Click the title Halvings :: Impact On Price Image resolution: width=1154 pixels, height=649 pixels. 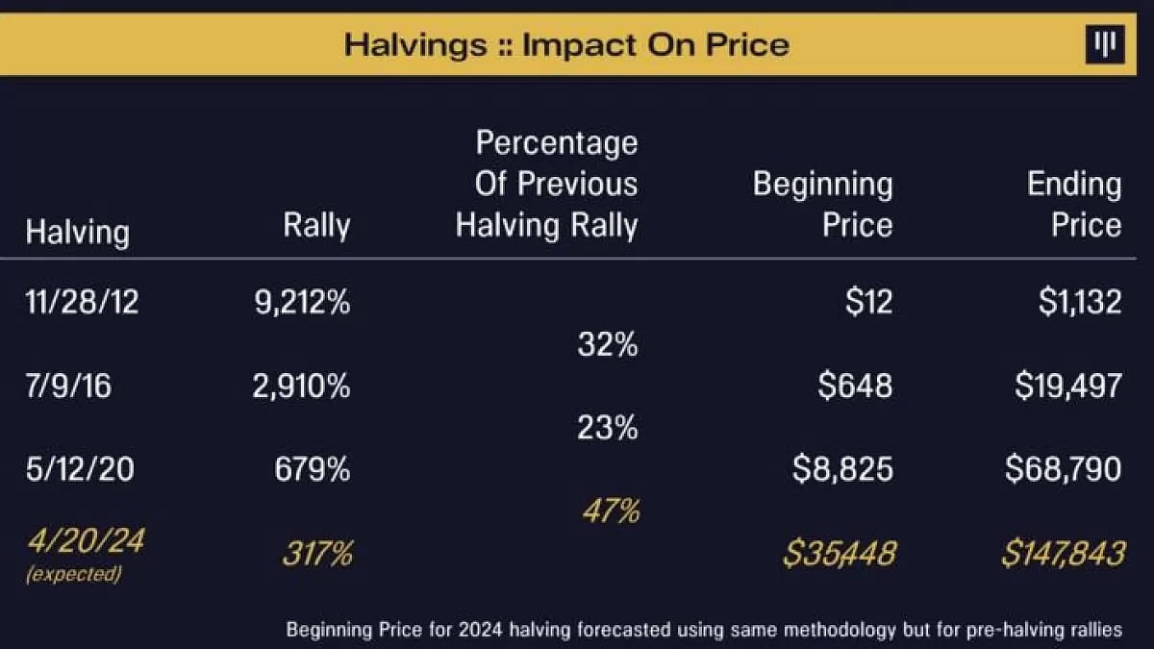coord(566,44)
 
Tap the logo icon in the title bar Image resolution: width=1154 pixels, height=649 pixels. coord(1105,45)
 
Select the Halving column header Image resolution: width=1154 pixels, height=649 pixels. coord(77,233)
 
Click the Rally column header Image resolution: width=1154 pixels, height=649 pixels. coord(316,226)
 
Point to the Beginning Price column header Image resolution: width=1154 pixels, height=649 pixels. coord(822,205)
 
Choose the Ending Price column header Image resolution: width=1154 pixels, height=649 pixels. coord(1074,205)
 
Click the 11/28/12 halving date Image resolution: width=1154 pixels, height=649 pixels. coord(82,302)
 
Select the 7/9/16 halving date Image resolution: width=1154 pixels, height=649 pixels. coord(68,387)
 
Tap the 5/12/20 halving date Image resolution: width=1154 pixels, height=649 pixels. coord(80,469)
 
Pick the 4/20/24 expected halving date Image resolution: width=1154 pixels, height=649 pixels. coord(85,541)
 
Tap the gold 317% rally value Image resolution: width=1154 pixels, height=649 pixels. coord(316,554)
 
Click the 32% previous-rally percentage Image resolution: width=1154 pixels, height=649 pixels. coord(608,345)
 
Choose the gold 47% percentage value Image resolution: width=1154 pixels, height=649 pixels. coord(611,512)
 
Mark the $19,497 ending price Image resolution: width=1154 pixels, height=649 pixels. coord(1067,387)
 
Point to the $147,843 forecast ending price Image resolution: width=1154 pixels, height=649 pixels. coord(1062,554)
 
